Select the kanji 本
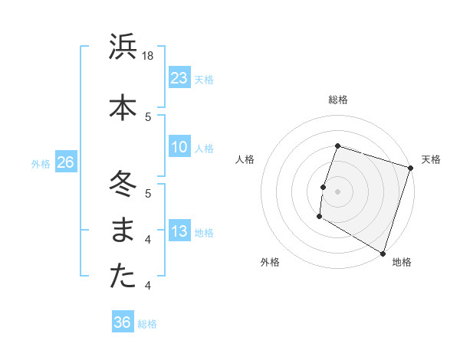(x=123, y=107)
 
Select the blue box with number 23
(x=179, y=77)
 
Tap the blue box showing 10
(x=179, y=147)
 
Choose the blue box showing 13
(x=179, y=231)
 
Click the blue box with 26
(x=65, y=162)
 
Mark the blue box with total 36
(x=123, y=322)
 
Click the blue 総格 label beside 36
(x=147, y=324)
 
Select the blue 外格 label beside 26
(x=41, y=163)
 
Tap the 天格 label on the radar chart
(x=431, y=159)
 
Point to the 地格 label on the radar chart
(x=402, y=262)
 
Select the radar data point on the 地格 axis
(x=383, y=253)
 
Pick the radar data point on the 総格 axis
(x=337, y=146)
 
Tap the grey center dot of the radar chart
(x=337, y=191)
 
